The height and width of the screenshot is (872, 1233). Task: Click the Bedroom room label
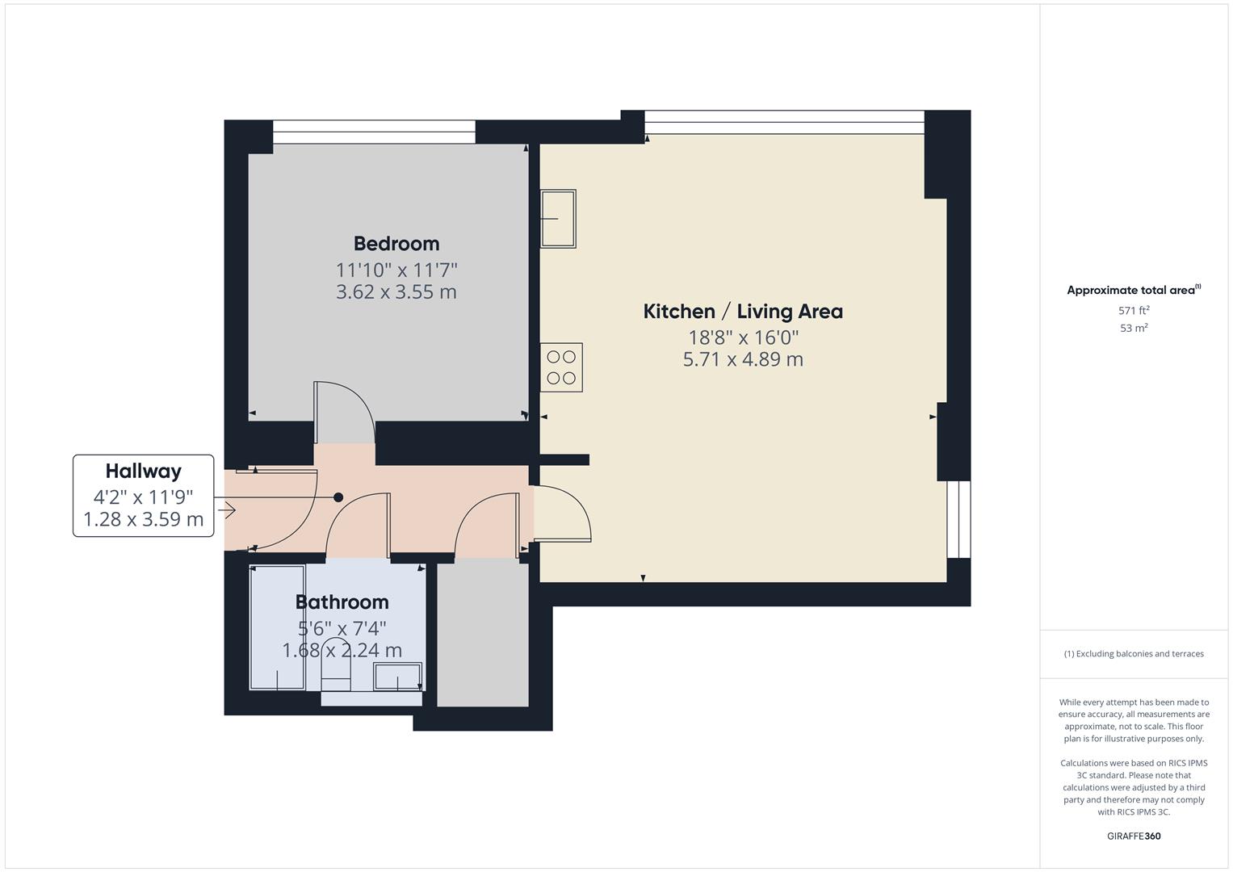click(x=396, y=243)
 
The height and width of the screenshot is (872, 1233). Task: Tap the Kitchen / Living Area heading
click(x=742, y=311)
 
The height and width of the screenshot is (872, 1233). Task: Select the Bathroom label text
click(x=342, y=602)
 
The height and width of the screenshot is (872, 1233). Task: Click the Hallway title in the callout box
click(x=144, y=471)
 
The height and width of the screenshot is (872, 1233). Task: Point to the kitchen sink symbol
click(x=558, y=218)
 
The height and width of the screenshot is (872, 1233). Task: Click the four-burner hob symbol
click(x=561, y=367)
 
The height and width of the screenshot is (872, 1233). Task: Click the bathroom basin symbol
click(x=397, y=677)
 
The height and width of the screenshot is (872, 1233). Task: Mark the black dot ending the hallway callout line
click(x=338, y=497)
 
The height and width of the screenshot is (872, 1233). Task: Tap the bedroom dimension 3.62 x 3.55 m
click(x=396, y=291)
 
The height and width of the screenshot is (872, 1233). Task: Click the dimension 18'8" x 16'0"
click(x=743, y=337)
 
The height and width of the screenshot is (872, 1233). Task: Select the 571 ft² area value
click(x=1134, y=310)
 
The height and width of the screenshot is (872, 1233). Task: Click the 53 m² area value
click(x=1134, y=328)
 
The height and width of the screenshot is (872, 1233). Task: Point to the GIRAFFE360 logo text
click(x=1134, y=836)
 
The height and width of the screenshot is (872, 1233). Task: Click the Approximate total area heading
click(x=1132, y=290)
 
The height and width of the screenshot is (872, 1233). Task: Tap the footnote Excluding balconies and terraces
click(x=1134, y=654)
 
